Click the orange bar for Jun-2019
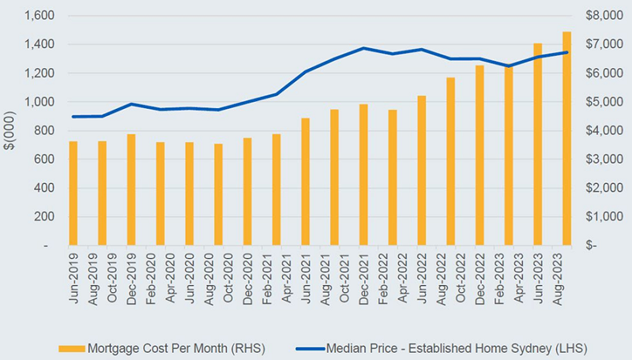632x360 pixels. point(73,193)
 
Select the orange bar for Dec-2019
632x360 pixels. point(131,190)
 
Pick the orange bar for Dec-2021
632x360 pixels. point(363,174)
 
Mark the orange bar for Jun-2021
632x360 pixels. point(306,182)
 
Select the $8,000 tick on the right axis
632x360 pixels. point(603,16)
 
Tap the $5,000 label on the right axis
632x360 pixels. point(603,102)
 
